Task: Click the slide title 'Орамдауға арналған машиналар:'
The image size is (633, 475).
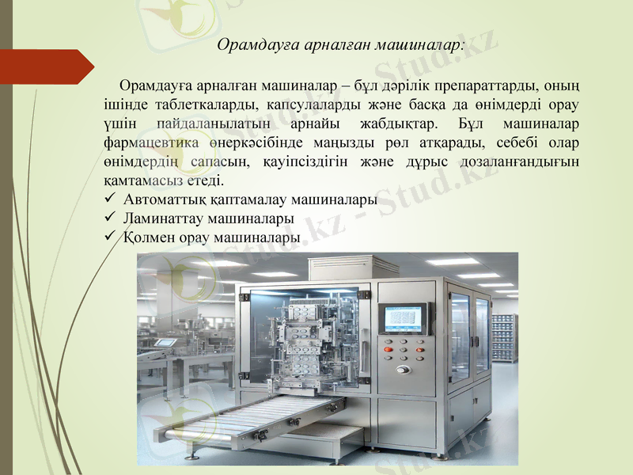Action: pyautogui.click(x=341, y=45)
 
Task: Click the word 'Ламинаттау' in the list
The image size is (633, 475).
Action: pyautogui.click(x=162, y=218)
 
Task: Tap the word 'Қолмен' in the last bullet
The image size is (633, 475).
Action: pyautogui.click(x=148, y=236)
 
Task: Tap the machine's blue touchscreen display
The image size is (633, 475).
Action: pyautogui.click(x=404, y=317)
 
